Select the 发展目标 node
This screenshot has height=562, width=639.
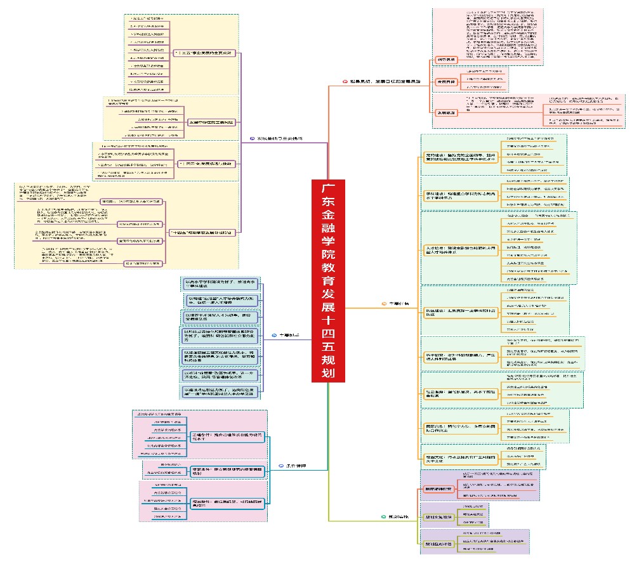447,82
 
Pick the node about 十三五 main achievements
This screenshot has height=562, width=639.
204,53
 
